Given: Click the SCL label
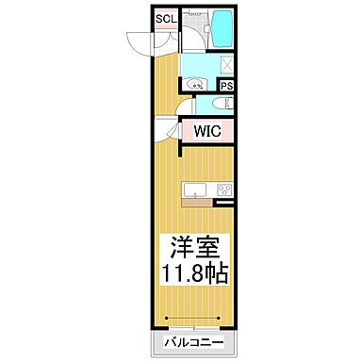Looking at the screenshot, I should pos(164,19).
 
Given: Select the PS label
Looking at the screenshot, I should pos(228,84).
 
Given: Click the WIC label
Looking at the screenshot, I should pos(209,131).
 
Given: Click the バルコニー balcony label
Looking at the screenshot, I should pos(194,342).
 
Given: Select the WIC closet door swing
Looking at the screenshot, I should pos(171,131).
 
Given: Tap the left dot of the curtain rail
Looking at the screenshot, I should pos(168,318).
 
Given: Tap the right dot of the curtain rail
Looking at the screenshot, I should pos(222,318).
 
